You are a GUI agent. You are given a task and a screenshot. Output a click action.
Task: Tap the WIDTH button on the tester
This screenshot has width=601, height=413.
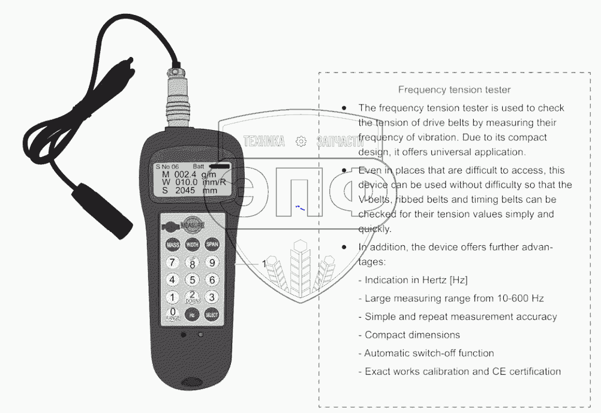(193, 245)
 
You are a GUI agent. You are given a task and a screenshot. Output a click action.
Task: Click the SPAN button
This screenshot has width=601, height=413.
(212, 244)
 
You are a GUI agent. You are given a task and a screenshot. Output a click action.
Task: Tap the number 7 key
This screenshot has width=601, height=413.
(173, 263)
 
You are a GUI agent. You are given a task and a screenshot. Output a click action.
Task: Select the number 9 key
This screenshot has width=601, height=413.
(212, 262)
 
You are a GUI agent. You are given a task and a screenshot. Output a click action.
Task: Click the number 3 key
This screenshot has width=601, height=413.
(212, 297)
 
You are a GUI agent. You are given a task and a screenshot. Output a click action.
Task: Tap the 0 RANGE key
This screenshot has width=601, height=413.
(173, 313)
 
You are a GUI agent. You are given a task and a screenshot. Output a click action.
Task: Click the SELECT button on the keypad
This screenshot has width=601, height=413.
(212, 314)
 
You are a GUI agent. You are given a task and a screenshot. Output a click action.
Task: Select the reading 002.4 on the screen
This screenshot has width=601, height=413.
(187, 174)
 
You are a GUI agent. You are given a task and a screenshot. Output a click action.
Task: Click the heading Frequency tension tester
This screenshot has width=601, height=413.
(454, 90)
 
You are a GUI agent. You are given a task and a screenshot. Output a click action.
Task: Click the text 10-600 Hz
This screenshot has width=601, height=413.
(520, 299)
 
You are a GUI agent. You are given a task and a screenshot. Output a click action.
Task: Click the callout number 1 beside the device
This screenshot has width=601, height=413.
(264, 263)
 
